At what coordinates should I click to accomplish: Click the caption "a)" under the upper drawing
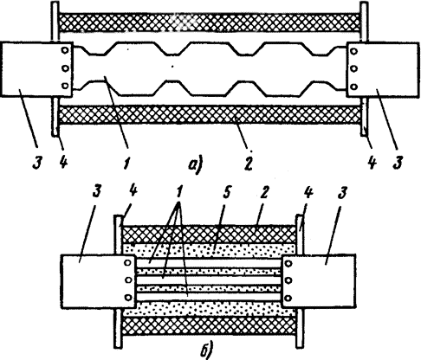click(x=196, y=164)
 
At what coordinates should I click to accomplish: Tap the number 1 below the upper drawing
click(x=126, y=164)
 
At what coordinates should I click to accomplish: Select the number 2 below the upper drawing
click(x=248, y=164)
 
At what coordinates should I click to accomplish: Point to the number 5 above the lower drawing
click(x=227, y=193)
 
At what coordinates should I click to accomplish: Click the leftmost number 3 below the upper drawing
click(x=37, y=163)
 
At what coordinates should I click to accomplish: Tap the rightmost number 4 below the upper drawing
click(x=372, y=164)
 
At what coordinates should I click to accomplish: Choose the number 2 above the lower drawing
click(x=264, y=192)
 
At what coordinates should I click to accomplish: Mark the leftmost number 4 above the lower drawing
click(x=133, y=191)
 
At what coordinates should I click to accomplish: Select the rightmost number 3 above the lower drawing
click(x=341, y=193)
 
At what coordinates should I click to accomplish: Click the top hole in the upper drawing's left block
click(x=65, y=50)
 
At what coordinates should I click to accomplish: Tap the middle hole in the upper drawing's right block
click(x=354, y=68)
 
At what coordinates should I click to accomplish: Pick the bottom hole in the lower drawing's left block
click(x=128, y=298)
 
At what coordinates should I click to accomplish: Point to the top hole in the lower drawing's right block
click(x=288, y=263)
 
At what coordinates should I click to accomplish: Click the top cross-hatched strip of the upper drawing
click(x=210, y=22)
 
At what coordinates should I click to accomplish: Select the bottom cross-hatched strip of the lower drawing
click(x=210, y=326)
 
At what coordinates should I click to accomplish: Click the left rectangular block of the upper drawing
click(x=36, y=69)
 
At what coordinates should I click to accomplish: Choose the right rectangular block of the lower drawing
click(x=319, y=280)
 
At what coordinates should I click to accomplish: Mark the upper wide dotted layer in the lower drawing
click(x=210, y=250)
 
